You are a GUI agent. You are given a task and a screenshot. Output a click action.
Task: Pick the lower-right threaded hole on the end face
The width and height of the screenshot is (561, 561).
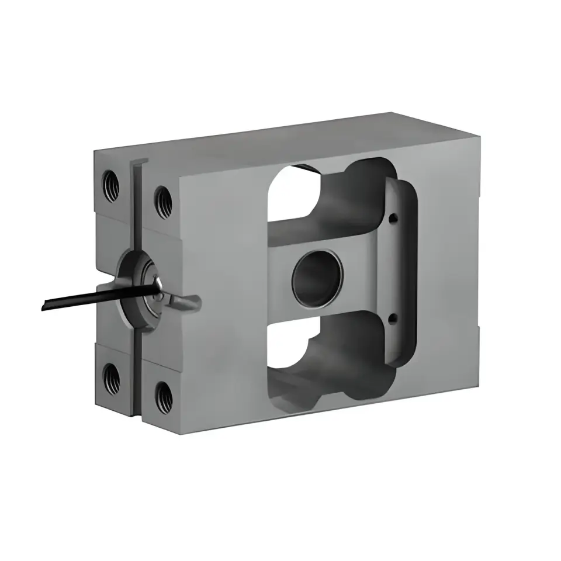(x=163, y=396)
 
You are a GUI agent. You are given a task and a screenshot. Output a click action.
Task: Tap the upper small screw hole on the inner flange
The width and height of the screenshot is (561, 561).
(x=393, y=220)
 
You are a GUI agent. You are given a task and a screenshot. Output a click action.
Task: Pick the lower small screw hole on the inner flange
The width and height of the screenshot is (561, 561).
(x=392, y=318)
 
